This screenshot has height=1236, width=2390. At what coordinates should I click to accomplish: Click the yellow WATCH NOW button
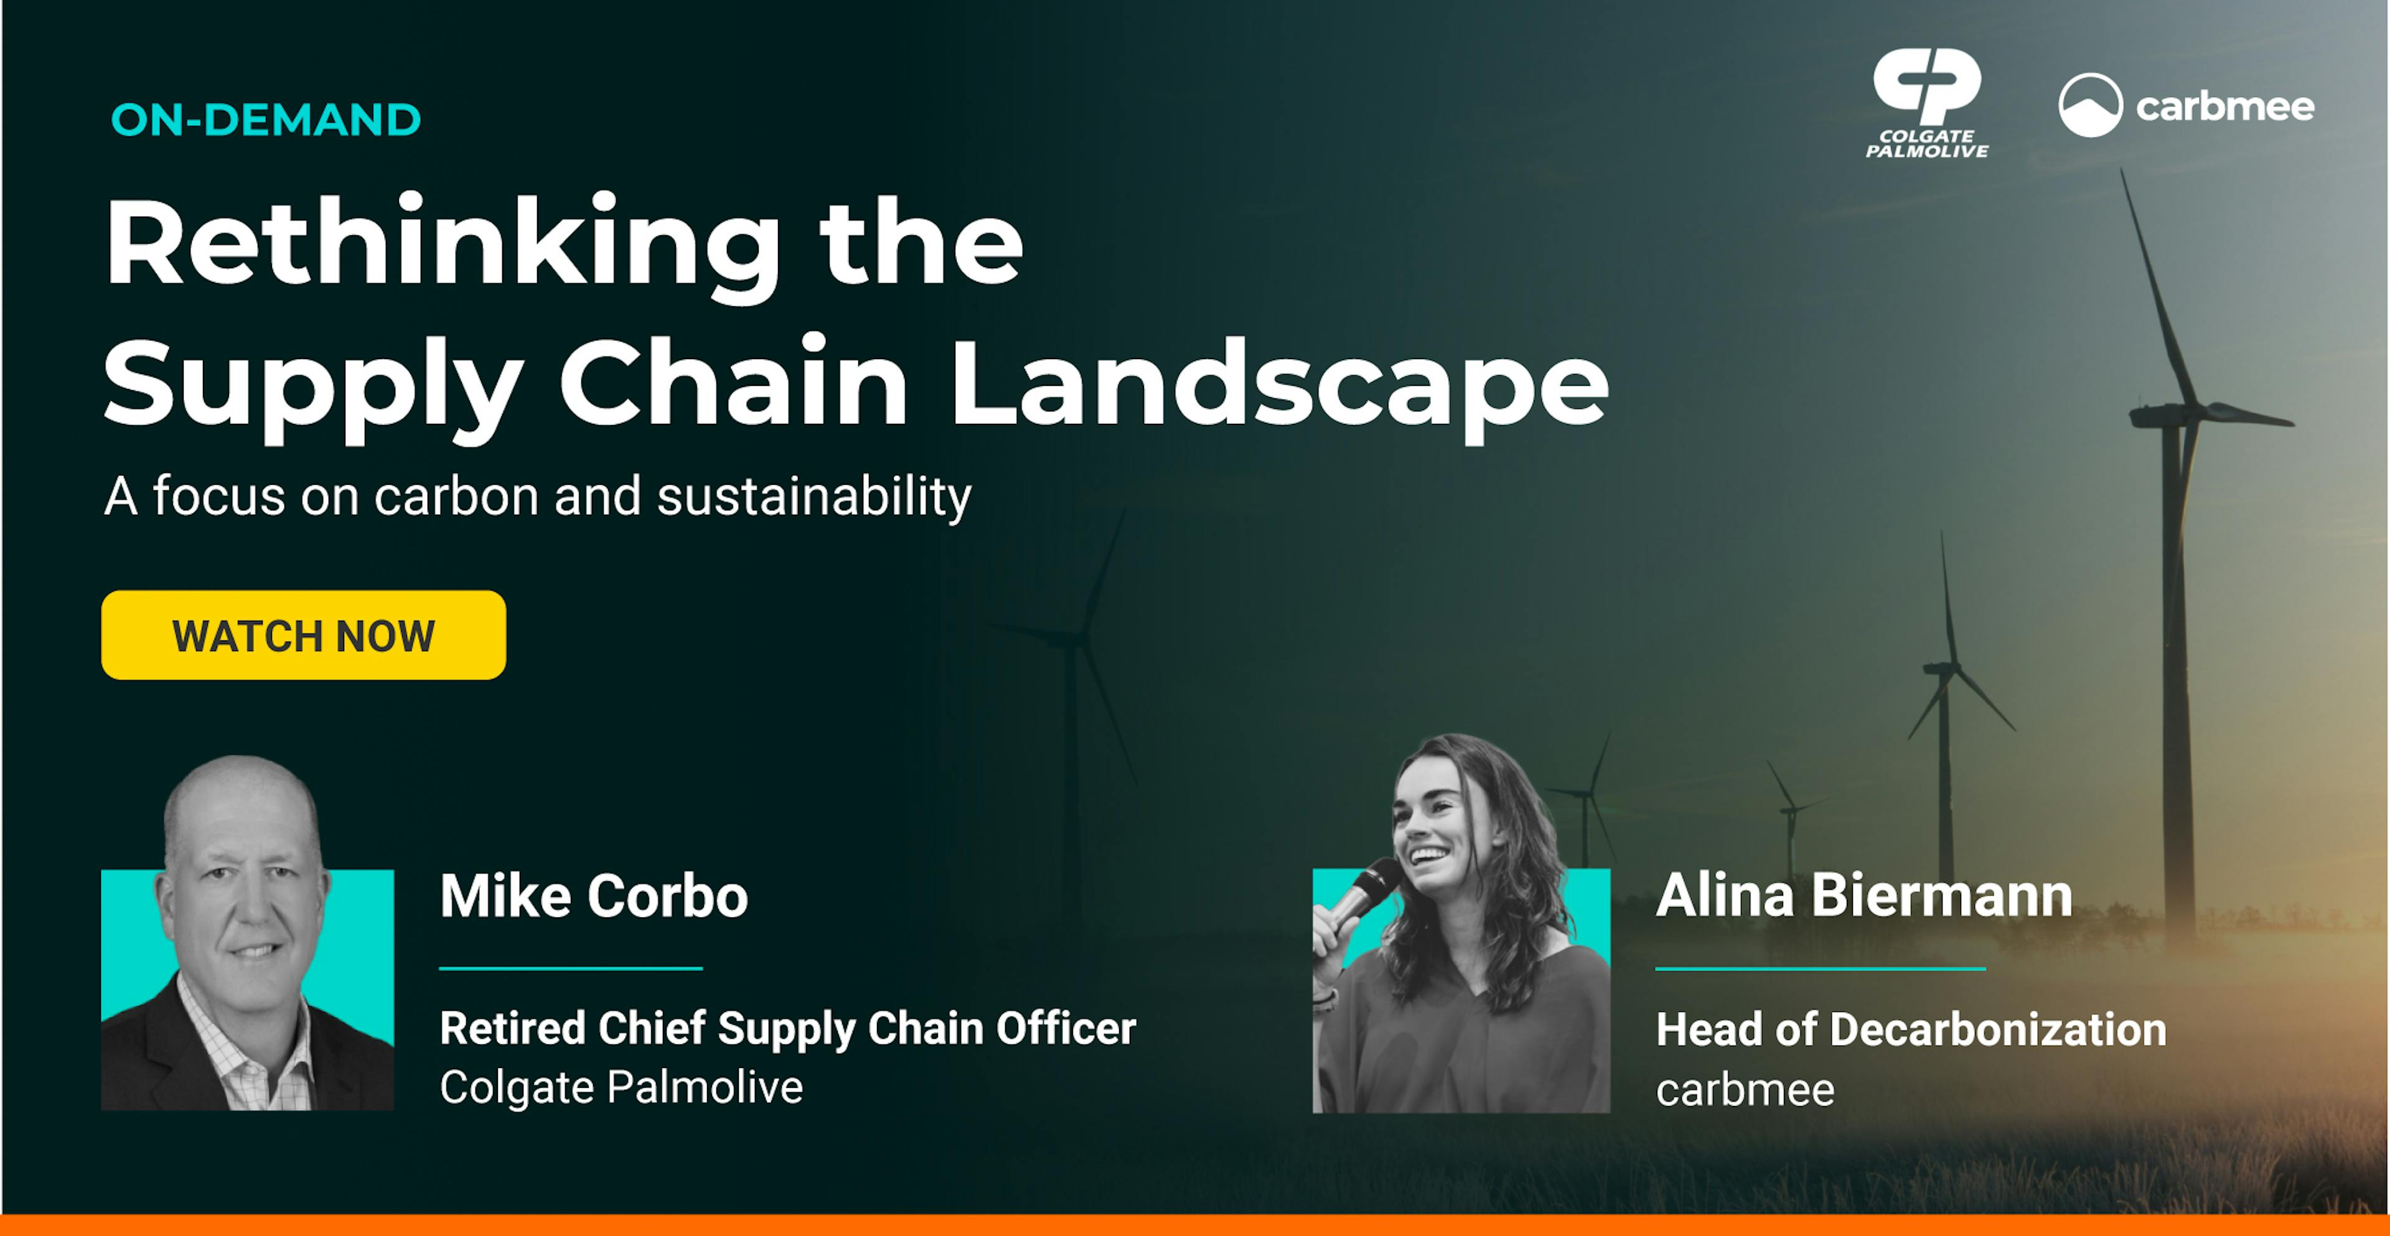click(x=303, y=635)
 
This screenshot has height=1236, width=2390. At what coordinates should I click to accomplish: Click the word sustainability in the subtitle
click(x=813, y=497)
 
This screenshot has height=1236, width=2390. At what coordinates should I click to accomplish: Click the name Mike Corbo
click(x=594, y=896)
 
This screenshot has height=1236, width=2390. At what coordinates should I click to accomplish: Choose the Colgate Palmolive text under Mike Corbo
click(x=621, y=1087)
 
